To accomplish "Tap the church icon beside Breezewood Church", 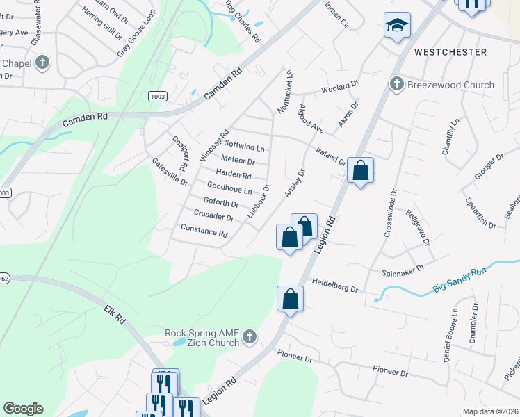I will coord(397,85).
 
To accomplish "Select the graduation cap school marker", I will coord(398,26).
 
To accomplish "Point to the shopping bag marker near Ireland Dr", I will coord(360,171).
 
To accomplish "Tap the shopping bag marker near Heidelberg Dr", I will coord(291,300).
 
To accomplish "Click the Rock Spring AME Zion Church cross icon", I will coord(250,338).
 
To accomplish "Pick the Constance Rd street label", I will coord(204,230).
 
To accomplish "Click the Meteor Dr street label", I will coord(237,161).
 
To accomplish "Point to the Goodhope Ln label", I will coord(229,188).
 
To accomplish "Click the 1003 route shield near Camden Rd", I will coord(156,97).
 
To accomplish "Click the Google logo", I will coord(23,409).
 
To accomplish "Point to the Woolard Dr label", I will coord(339,90).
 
